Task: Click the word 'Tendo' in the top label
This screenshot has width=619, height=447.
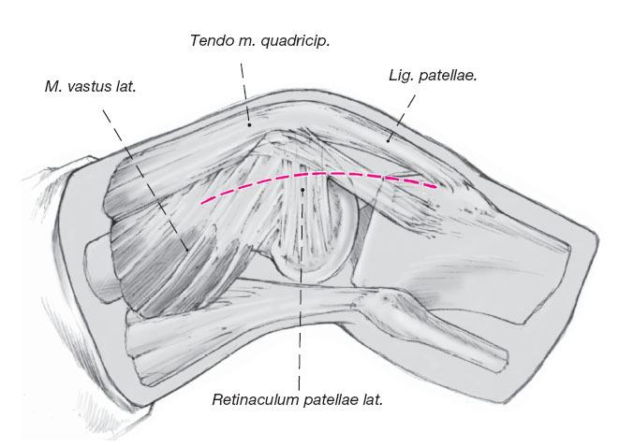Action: [x=209, y=41]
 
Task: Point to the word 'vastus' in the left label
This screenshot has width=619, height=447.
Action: [x=85, y=88]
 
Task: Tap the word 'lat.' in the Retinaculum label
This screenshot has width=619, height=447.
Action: [x=372, y=400]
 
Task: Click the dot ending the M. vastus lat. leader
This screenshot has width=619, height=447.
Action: [x=187, y=249]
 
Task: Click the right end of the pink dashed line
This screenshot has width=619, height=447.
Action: [x=435, y=187]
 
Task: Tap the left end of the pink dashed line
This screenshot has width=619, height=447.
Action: [x=201, y=202]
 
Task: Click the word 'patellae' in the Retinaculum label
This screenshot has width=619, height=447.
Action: [x=328, y=400]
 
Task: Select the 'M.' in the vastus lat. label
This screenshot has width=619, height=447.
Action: [x=52, y=88]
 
